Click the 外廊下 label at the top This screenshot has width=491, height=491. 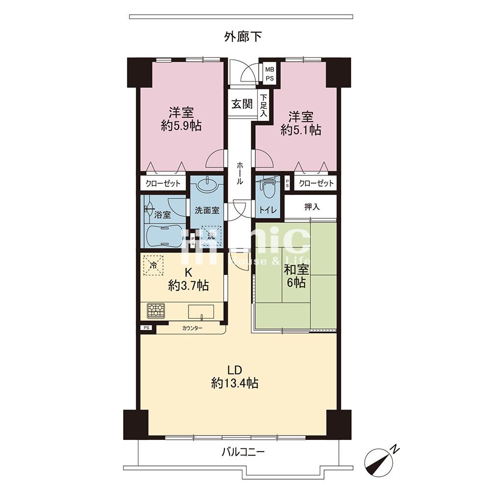point(243,37)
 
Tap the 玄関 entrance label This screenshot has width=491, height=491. point(242,104)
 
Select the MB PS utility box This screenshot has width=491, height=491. point(270,74)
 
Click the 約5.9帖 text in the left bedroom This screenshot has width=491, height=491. point(181,126)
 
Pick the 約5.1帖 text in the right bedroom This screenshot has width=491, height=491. point(301,130)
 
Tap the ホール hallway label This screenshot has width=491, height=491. point(239,173)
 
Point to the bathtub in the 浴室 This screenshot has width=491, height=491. point(164,236)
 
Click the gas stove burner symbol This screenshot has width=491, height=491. point(156,311)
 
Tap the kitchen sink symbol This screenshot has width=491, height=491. point(201,312)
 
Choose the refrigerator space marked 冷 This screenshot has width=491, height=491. point(154,265)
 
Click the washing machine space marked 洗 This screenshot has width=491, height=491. point(211,236)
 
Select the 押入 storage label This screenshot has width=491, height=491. point(312,207)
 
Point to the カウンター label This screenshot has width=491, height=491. point(192,328)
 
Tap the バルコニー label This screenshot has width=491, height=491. point(244,452)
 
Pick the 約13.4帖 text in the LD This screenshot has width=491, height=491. point(235,382)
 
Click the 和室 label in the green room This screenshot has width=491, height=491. point(297,270)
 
